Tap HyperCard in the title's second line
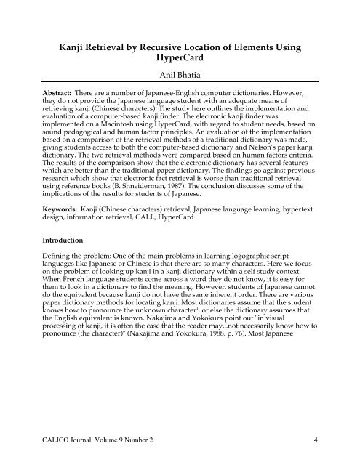pos(179,60)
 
